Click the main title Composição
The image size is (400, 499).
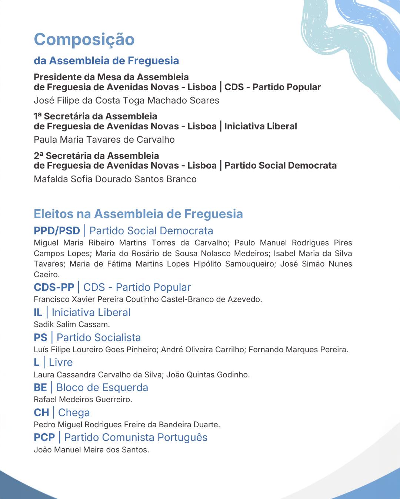[x=84, y=40]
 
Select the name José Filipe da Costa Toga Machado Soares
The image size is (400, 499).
[x=126, y=101]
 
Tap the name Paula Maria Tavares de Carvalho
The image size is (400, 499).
[x=104, y=140]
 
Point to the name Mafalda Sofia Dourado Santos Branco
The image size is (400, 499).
[x=115, y=179]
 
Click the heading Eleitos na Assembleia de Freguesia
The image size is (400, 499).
[x=138, y=214]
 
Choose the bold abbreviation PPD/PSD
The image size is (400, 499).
[x=57, y=231]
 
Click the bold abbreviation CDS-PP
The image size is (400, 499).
[x=54, y=287]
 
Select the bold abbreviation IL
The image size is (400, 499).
[x=38, y=313]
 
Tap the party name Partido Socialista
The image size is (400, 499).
[x=99, y=337]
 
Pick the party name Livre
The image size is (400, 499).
[x=61, y=362]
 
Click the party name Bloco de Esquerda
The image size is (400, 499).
[x=102, y=387]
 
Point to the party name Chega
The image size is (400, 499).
[x=74, y=413]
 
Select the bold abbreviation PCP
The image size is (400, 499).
[x=44, y=437]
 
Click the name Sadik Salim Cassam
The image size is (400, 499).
[x=71, y=325]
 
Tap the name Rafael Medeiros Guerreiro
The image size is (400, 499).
[x=83, y=400]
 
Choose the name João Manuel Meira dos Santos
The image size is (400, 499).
[x=91, y=450]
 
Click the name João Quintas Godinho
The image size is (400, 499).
[x=207, y=375]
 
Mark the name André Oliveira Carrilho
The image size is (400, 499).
[x=202, y=350]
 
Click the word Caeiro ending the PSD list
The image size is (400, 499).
[x=46, y=275]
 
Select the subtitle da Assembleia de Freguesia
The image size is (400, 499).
[x=106, y=61]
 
